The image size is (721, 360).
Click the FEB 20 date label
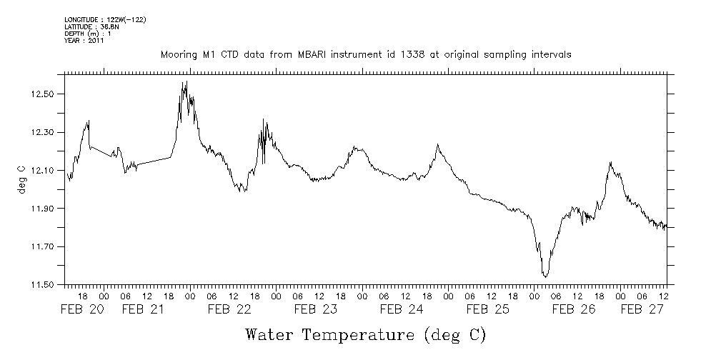coord(81,309)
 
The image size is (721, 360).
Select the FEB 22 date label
coord(229,309)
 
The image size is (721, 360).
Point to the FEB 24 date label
coord(402,309)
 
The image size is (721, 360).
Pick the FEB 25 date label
coord(487,309)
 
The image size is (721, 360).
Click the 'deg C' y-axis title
coord(21,179)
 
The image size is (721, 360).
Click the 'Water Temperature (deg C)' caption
coord(367,334)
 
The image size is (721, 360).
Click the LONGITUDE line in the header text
coord(105,19)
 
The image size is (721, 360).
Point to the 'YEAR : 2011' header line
coord(84,41)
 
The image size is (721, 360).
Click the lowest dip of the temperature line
coord(545,276)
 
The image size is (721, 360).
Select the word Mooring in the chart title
coord(179,54)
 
